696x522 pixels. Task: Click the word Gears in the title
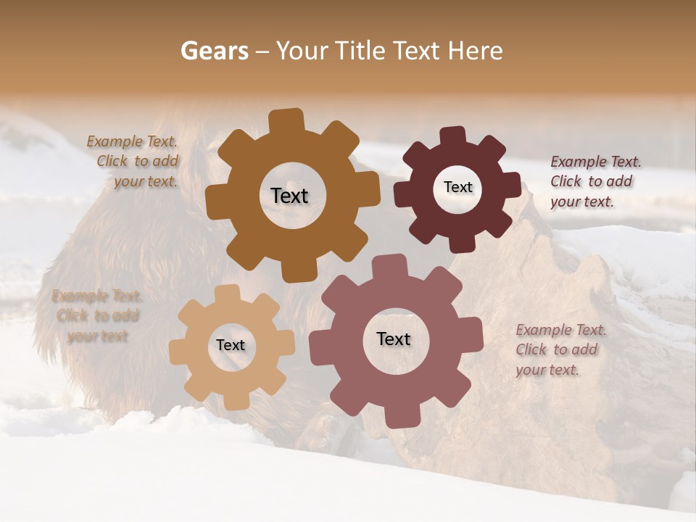pos(214,51)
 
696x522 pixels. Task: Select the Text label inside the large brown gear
pos(289,196)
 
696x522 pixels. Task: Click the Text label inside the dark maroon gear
pos(457,187)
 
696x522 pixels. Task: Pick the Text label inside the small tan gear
pos(231,345)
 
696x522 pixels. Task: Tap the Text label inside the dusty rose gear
pos(394,339)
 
